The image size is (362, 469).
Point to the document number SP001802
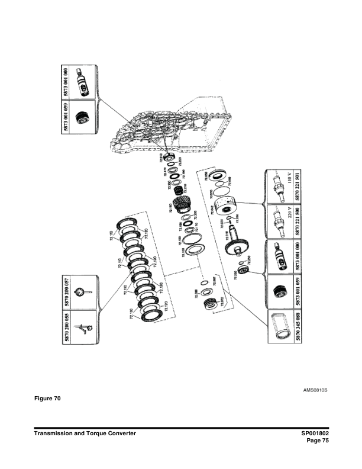click(311, 434)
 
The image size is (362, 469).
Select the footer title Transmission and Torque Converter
click(85, 434)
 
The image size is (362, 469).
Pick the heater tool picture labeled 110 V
click(277, 183)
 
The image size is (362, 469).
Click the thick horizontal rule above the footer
click(181, 428)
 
